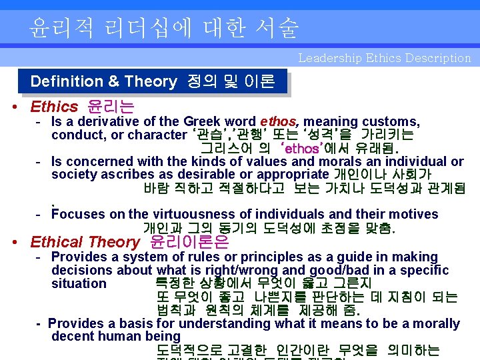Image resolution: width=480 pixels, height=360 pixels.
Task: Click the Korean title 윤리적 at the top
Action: [x=63, y=27]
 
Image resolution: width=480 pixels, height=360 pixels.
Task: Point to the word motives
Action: [x=413, y=214]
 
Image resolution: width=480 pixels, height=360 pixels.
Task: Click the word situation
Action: [x=79, y=283]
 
